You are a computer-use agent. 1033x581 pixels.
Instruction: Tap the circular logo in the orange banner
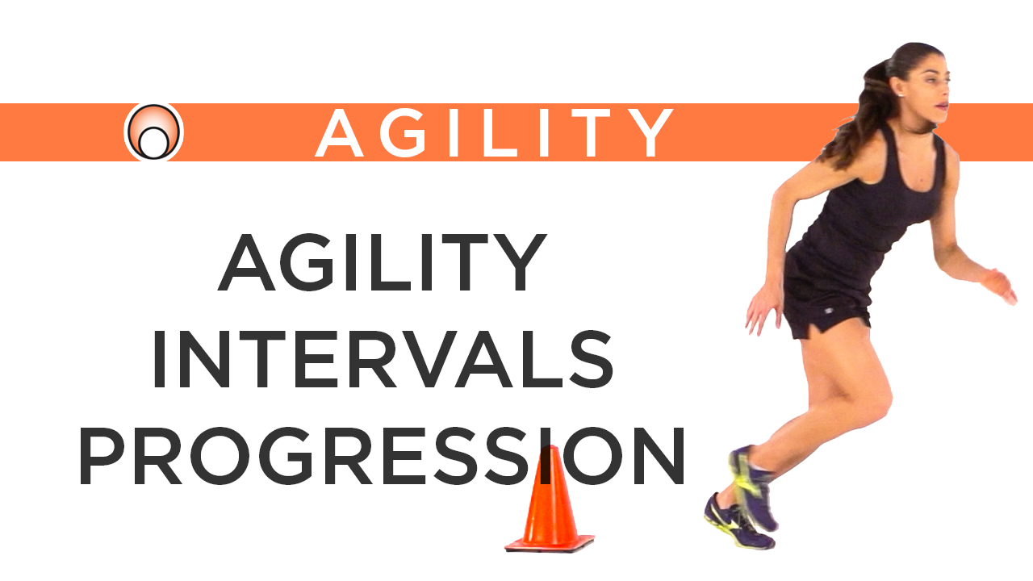(153, 132)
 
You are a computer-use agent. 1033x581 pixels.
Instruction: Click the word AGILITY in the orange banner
(494, 132)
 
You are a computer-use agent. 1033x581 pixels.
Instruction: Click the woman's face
(928, 89)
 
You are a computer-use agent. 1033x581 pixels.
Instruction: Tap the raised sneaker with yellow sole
(751, 484)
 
